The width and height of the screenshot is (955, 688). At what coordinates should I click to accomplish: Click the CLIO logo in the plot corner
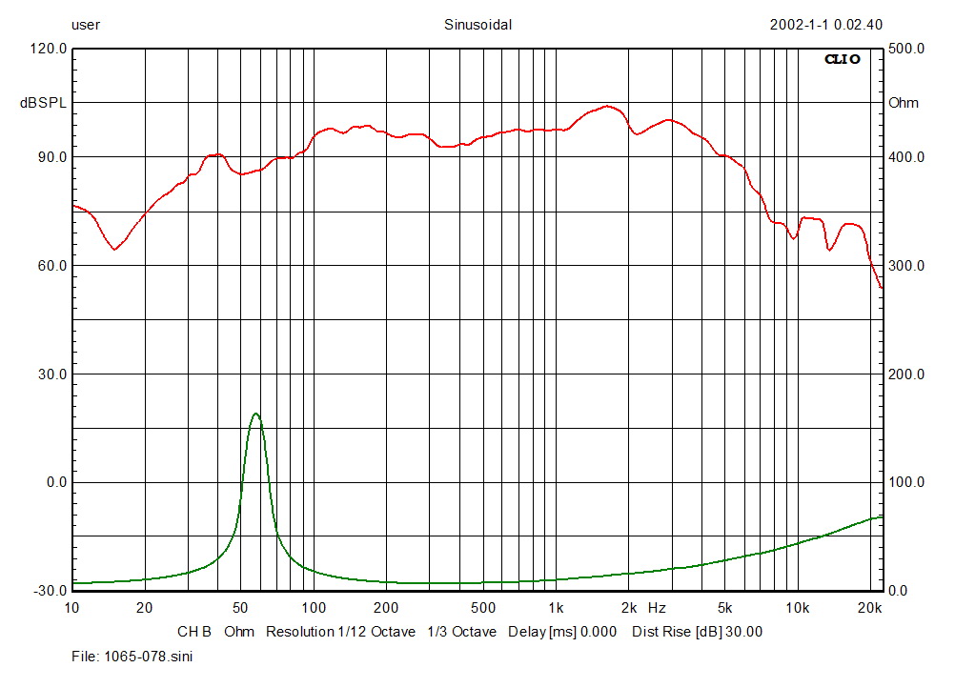842,59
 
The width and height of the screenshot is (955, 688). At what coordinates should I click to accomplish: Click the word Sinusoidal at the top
477,26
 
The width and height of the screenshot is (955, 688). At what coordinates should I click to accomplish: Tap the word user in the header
86,26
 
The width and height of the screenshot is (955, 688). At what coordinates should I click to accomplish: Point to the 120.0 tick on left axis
49,49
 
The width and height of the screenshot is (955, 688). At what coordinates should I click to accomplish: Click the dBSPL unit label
44,103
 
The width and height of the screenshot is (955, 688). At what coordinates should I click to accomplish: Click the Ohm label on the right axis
904,103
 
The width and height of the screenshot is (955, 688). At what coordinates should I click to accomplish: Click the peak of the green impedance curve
255,414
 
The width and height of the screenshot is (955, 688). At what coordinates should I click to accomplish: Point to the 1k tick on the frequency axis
555,607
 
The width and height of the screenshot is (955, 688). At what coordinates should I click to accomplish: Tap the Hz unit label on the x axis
657,607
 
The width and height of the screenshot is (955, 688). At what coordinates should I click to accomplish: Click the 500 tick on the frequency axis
482,607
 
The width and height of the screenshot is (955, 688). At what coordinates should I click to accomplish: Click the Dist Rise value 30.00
743,631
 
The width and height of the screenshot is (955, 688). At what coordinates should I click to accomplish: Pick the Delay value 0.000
598,631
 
